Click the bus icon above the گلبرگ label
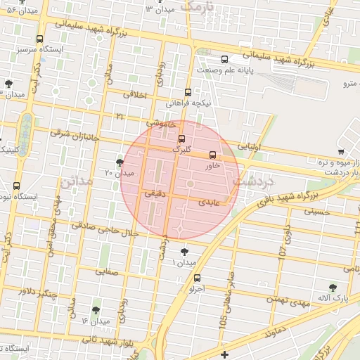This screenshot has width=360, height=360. point(182,139)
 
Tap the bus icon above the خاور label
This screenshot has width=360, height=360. point(213,155)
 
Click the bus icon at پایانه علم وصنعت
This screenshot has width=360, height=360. point(224,59)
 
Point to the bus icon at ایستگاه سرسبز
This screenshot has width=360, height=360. point(39,39)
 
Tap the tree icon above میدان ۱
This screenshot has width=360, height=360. point(185,252)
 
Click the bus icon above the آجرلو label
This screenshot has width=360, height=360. point(196,278)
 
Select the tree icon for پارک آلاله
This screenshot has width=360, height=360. point(333,287)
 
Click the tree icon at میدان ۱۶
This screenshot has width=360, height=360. point(96,310)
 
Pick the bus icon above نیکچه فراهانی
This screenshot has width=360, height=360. point(188,92)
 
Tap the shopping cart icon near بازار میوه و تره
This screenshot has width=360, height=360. point(341,151)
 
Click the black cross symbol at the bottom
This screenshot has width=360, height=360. point(224,354)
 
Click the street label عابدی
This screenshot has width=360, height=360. point(211,202)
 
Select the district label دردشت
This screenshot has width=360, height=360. point(252,181)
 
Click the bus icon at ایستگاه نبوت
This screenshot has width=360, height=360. point(16,186)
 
